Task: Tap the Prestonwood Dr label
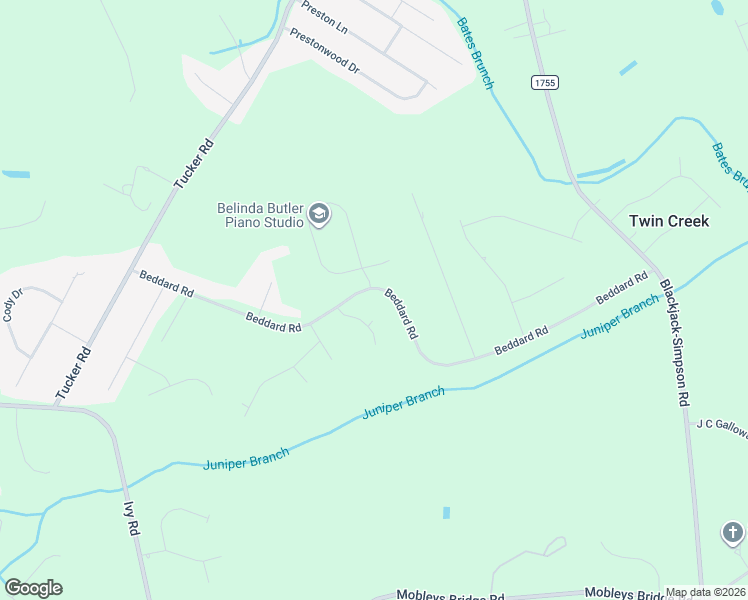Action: [x=324, y=51]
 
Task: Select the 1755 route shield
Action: [x=545, y=83]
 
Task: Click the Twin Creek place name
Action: [x=668, y=221]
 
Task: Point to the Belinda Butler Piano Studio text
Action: [x=260, y=215]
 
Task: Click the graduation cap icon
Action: [x=319, y=212]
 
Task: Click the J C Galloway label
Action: [x=721, y=424]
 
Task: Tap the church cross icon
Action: [x=732, y=532]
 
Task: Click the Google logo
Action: [x=33, y=588]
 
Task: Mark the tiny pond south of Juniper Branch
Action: [x=446, y=513]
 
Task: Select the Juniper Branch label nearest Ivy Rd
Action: [x=246, y=460]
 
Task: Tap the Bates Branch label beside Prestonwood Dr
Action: [x=476, y=53]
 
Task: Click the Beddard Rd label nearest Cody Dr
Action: [x=166, y=284]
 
